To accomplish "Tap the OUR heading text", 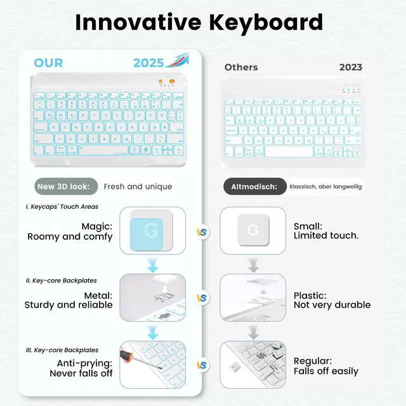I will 48,62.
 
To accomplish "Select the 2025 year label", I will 148,63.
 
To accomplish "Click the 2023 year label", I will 351,67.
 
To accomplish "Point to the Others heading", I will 241,67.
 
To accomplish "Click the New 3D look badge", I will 67,187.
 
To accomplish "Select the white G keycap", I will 252,230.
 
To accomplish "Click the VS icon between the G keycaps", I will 202,232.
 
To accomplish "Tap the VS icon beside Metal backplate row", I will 202,298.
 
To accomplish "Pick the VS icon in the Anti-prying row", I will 202,365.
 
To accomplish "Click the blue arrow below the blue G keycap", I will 152,265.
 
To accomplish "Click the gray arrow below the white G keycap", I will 253,265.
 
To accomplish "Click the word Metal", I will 98,296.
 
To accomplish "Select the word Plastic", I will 310,296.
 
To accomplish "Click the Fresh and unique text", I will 138,187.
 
